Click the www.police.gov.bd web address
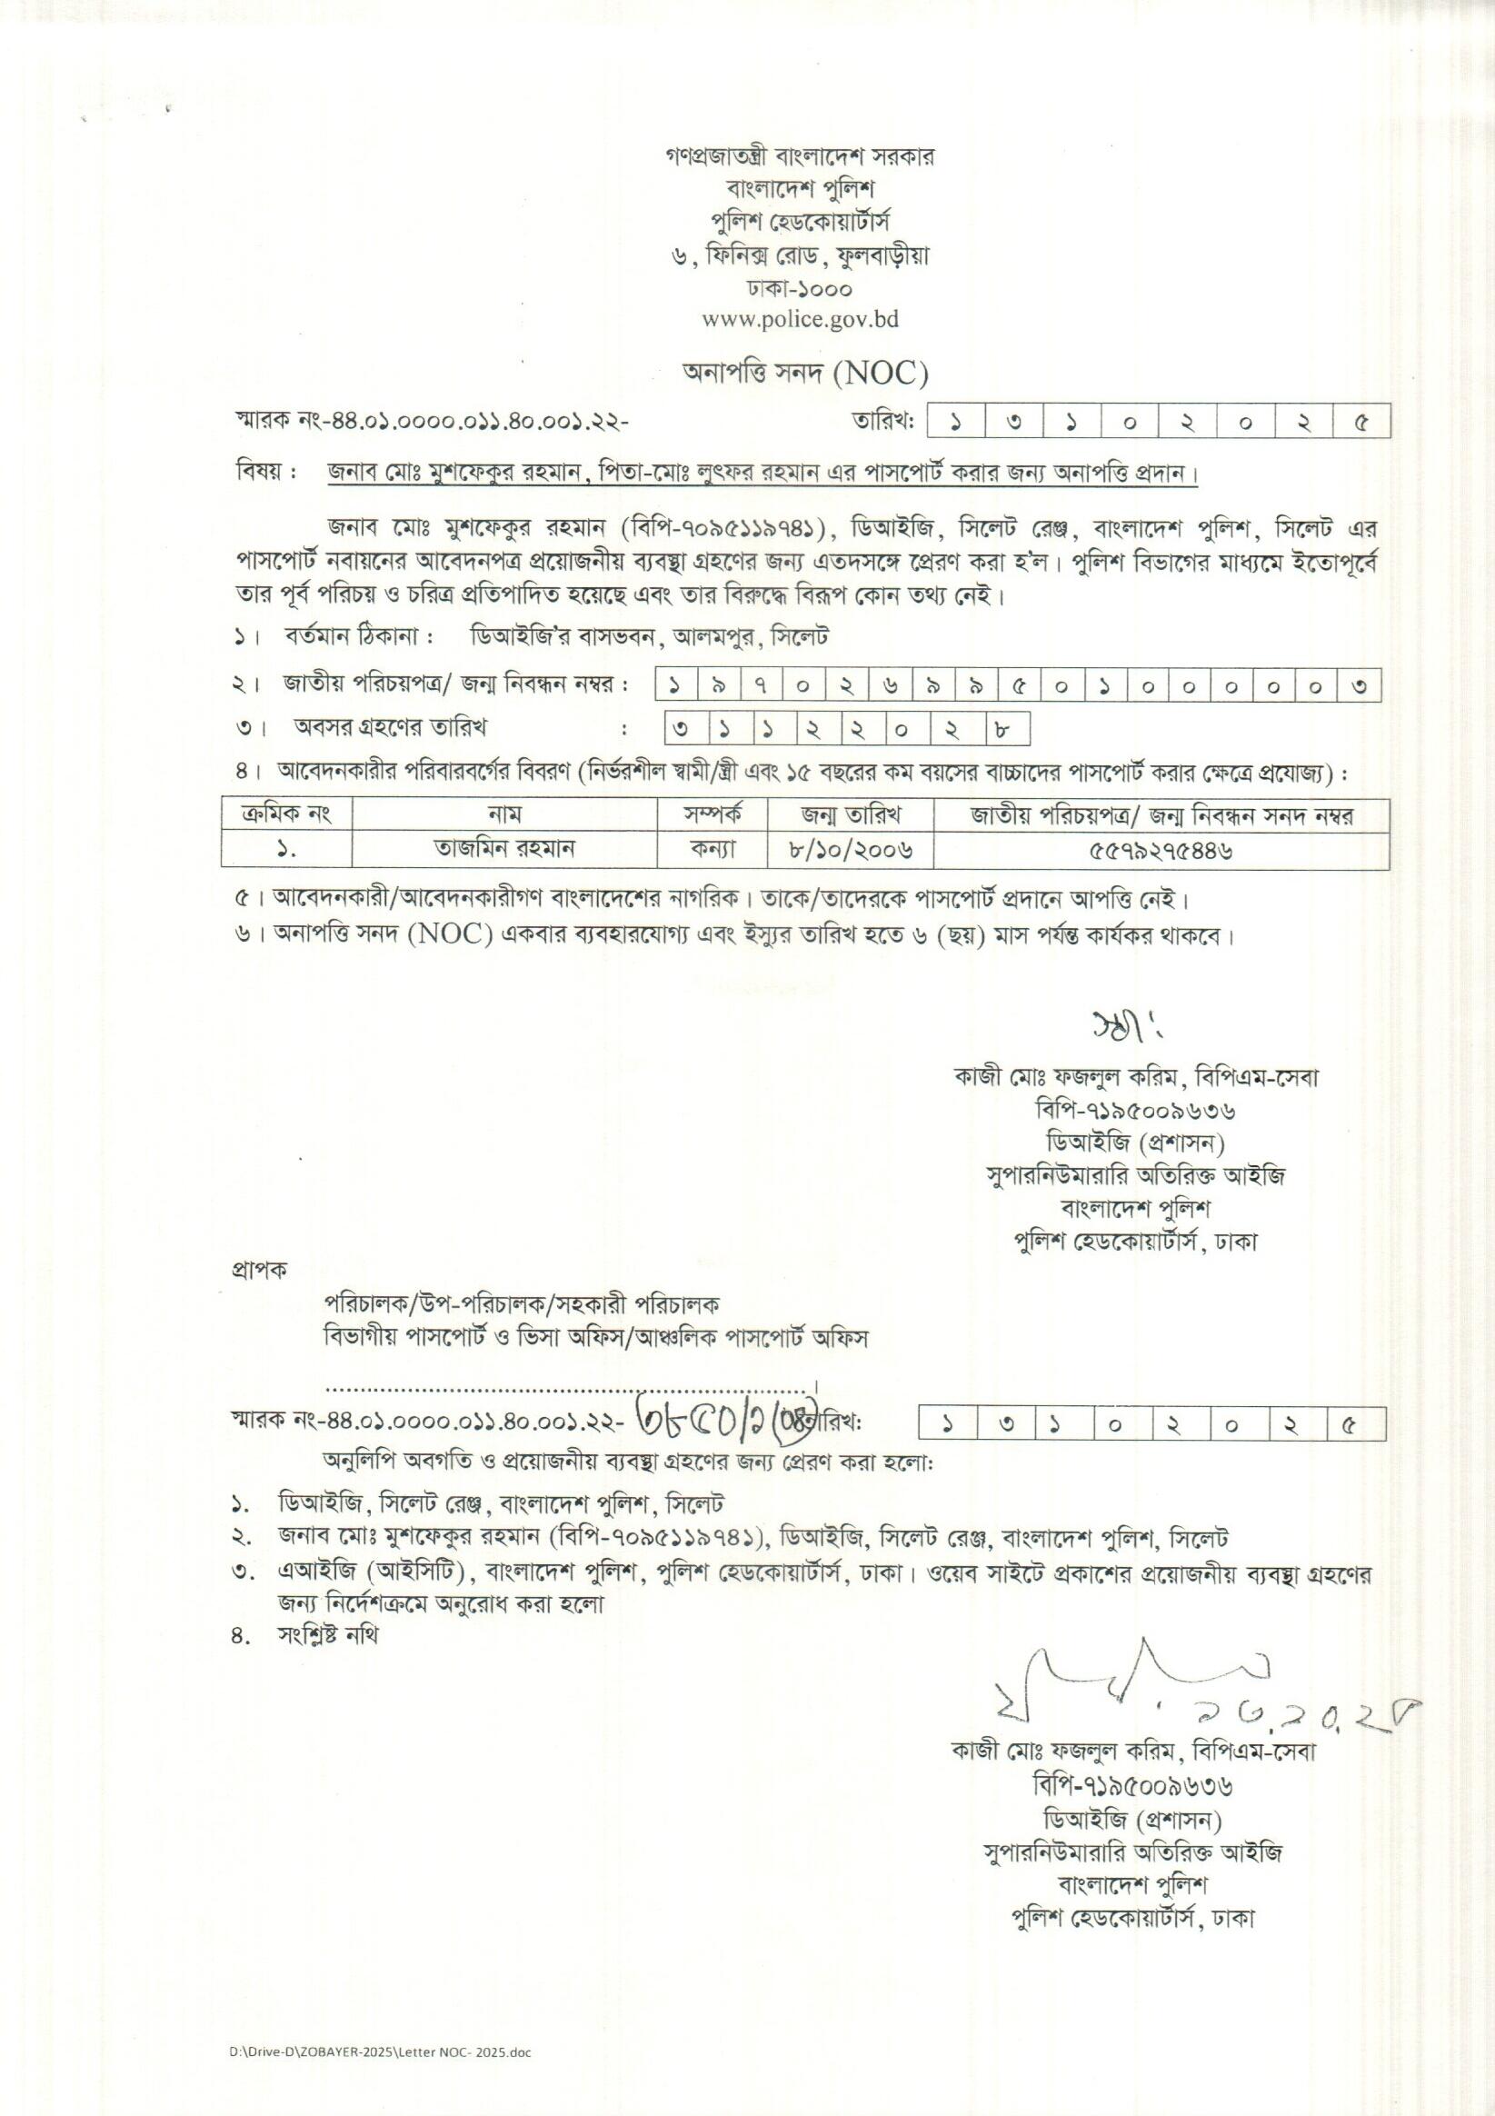799,320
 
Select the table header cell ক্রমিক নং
285,814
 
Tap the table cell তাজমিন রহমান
503,849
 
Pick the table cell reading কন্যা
713,849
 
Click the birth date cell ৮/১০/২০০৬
850,849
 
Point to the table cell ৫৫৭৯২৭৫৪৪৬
1161,849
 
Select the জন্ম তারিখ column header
850,814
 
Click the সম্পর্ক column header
713,814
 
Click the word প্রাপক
259,1270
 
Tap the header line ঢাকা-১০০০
799,288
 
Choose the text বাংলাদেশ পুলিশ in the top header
799,189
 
